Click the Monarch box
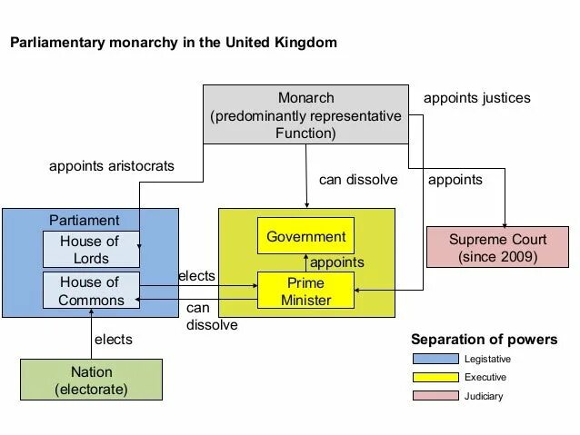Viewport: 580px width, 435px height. pyautogui.click(x=305, y=115)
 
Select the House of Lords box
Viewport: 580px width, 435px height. pyautogui.click(x=90, y=250)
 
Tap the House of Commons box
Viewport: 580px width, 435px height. pyautogui.click(x=90, y=292)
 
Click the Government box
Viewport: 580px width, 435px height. pyautogui.click(x=305, y=237)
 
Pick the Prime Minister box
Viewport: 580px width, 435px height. pyautogui.click(x=305, y=292)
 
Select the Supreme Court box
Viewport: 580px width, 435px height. pyautogui.click(x=497, y=248)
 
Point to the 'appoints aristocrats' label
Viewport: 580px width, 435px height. pyautogui.click(x=112, y=166)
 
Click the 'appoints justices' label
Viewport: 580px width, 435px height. pyautogui.click(x=477, y=97)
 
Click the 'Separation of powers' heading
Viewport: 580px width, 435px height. pyautogui.click(x=485, y=340)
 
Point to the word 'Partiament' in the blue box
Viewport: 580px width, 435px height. pyautogui.click(x=84, y=221)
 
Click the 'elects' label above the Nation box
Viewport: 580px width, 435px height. pyautogui.click(x=114, y=340)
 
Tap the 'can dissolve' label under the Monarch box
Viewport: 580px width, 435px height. pyautogui.click(x=358, y=180)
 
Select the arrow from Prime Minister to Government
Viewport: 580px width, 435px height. pyautogui.click(x=305, y=262)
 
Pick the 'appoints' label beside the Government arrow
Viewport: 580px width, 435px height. pyautogui.click(x=337, y=262)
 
